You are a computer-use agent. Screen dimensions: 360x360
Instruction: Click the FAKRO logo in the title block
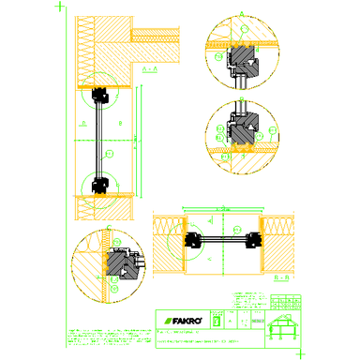click(x=179, y=318)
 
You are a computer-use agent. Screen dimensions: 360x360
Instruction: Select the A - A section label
click(x=150, y=70)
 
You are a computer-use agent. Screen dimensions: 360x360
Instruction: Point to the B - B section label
click(x=278, y=278)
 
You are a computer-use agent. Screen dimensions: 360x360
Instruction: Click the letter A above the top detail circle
click(x=241, y=13)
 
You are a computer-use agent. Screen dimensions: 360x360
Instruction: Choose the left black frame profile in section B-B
click(x=195, y=241)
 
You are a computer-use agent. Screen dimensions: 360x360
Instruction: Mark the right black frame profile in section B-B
click(x=253, y=241)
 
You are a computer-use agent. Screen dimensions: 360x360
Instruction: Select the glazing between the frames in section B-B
click(x=224, y=241)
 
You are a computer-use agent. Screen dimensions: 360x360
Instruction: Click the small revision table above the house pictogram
click(x=286, y=302)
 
